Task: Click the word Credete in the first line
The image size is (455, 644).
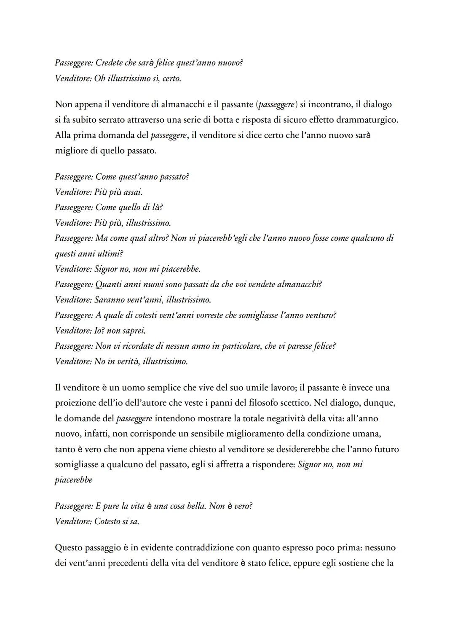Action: pyautogui.click(x=109, y=63)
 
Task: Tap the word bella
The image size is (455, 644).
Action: pyautogui.click(x=195, y=506)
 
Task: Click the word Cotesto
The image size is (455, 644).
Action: pyautogui.click(x=107, y=521)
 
